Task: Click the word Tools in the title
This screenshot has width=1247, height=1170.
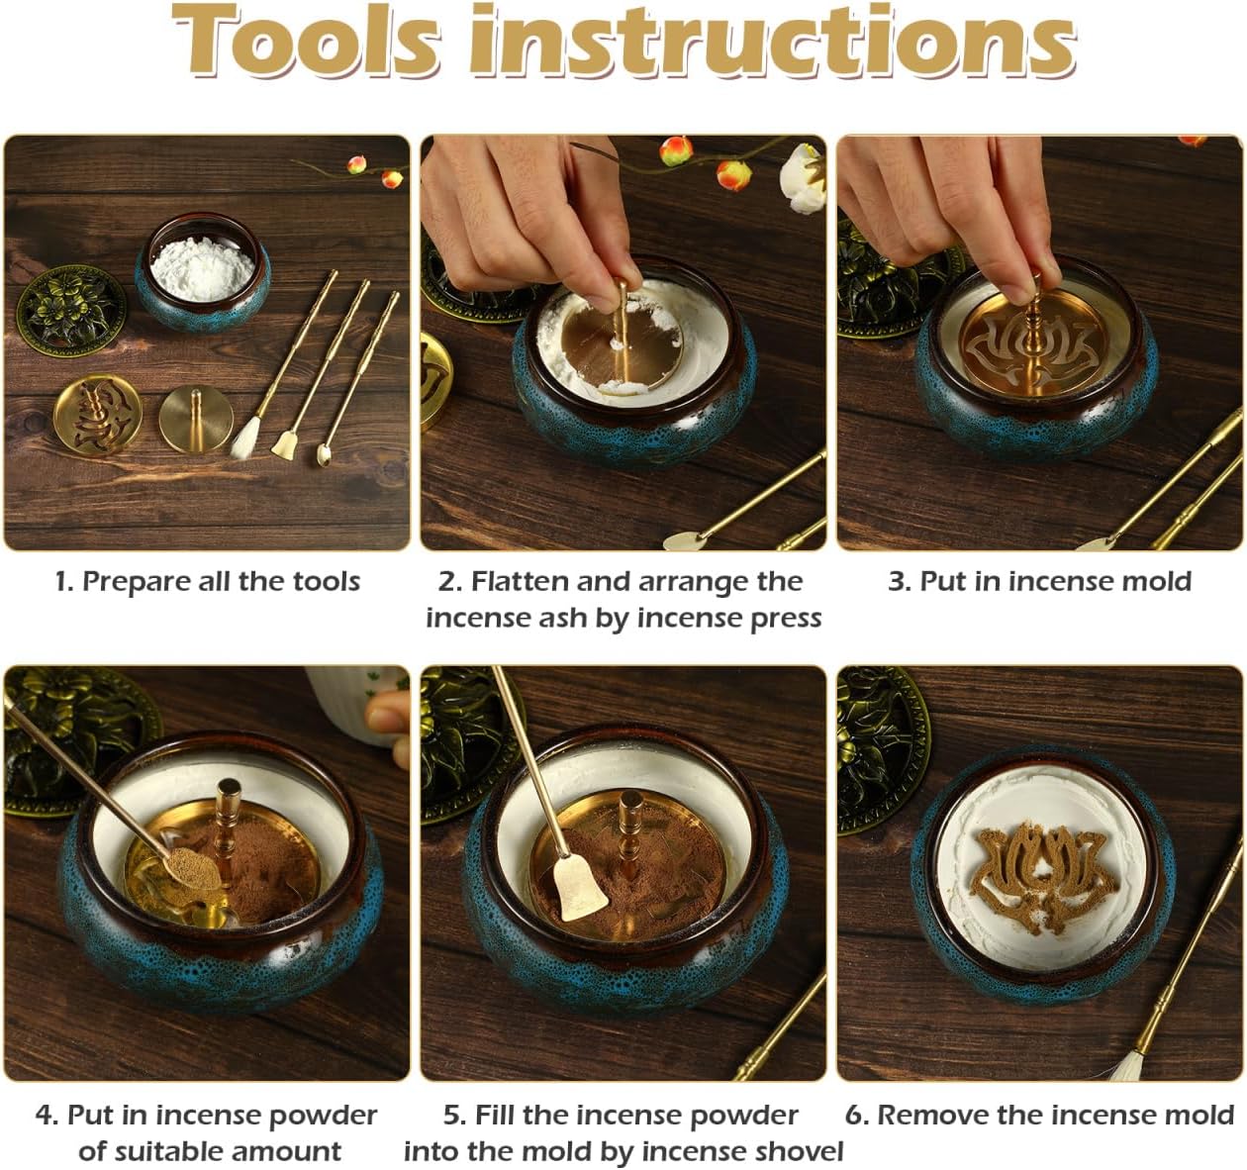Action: click(x=307, y=42)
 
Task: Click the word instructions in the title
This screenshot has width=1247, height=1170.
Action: click(x=772, y=42)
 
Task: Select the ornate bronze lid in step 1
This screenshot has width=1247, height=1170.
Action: click(x=71, y=309)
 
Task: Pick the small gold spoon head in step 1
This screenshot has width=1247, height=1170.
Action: click(x=324, y=455)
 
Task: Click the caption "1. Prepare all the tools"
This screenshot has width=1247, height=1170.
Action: click(x=207, y=581)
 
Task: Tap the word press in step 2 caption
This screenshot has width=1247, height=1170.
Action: click(x=784, y=619)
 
